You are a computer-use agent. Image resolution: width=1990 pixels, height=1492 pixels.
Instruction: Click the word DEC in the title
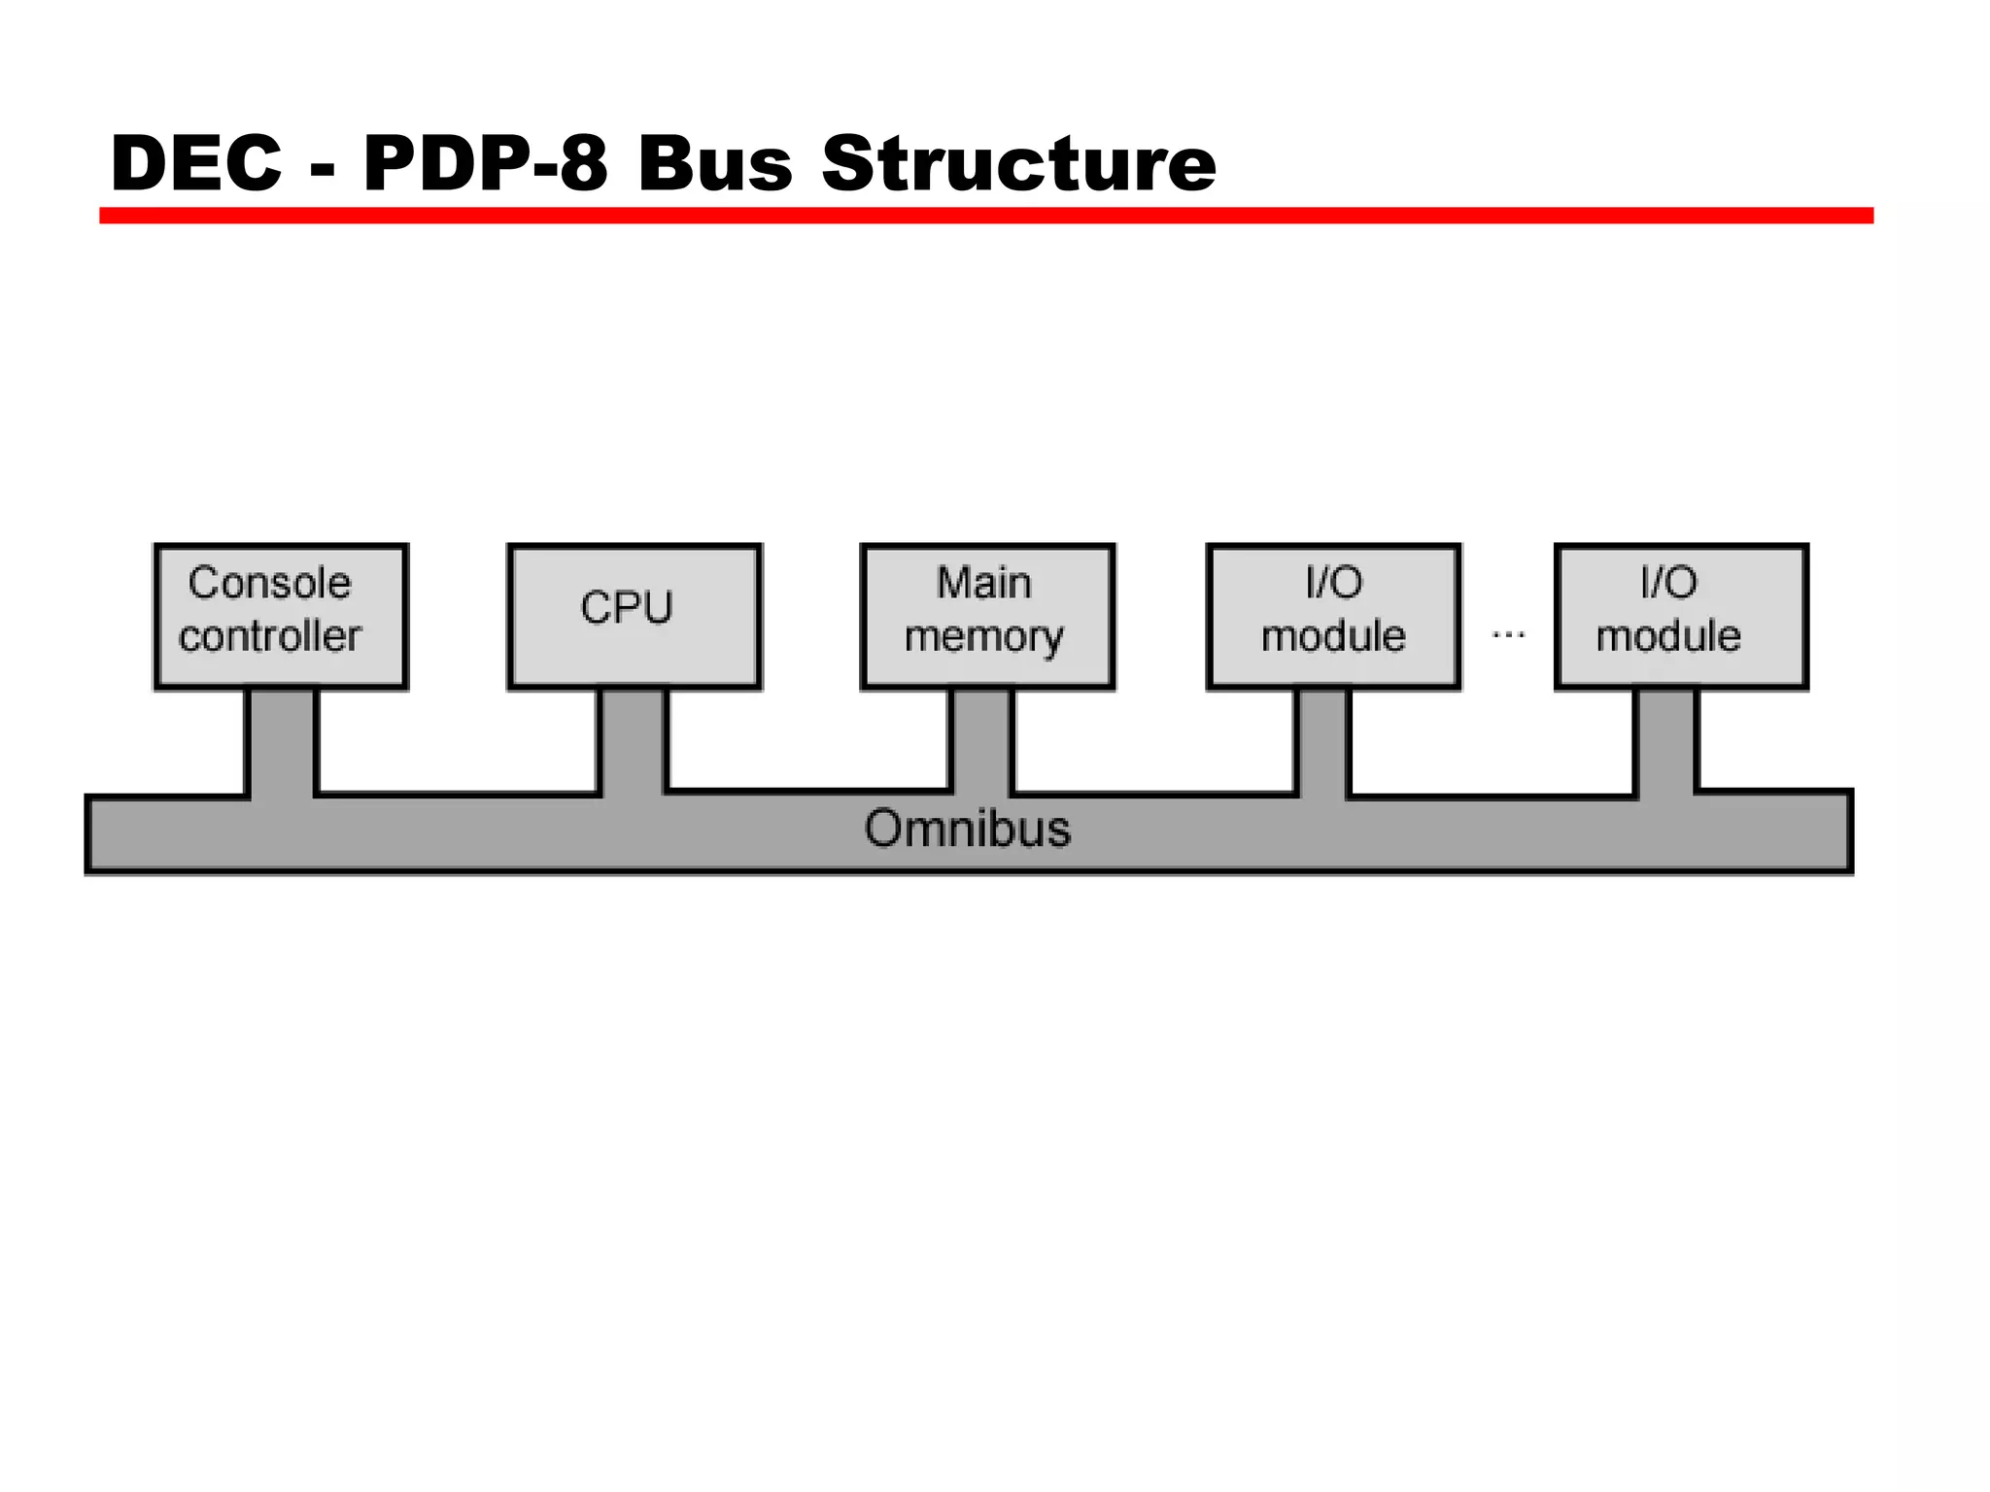[x=196, y=163]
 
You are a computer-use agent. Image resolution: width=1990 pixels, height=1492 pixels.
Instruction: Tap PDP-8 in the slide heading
[x=485, y=163]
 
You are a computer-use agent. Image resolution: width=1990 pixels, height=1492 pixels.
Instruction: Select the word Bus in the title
[x=715, y=163]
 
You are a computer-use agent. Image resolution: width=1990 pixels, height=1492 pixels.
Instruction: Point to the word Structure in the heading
[x=1018, y=163]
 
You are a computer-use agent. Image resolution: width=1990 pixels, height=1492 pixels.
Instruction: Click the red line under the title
[x=985, y=216]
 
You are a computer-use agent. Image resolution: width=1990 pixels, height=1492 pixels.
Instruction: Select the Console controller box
[x=281, y=617]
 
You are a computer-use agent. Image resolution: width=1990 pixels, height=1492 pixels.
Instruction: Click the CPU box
[x=635, y=617]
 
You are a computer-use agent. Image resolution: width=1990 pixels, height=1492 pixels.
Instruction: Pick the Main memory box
[x=987, y=617]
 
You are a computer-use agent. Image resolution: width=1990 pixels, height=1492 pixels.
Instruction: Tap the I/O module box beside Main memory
[x=1333, y=617]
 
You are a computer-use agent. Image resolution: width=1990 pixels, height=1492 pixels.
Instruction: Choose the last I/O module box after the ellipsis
[x=1681, y=617]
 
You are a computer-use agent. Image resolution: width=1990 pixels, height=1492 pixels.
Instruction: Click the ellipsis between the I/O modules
[x=1508, y=635]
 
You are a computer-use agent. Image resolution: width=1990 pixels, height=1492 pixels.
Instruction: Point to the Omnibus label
[x=968, y=830]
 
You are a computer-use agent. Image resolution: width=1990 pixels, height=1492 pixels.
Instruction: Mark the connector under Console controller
[x=282, y=740]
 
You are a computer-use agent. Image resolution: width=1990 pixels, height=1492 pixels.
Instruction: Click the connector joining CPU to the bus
[x=634, y=740]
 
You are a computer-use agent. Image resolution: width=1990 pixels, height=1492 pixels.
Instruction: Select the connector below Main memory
[x=981, y=740]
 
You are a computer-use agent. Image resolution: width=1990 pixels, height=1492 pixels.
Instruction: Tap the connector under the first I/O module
[x=1323, y=740]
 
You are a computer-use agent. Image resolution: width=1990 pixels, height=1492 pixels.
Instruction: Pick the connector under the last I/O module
[x=1666, y=740]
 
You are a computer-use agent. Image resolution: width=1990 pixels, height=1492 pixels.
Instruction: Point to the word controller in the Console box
[x=270, y=637]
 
